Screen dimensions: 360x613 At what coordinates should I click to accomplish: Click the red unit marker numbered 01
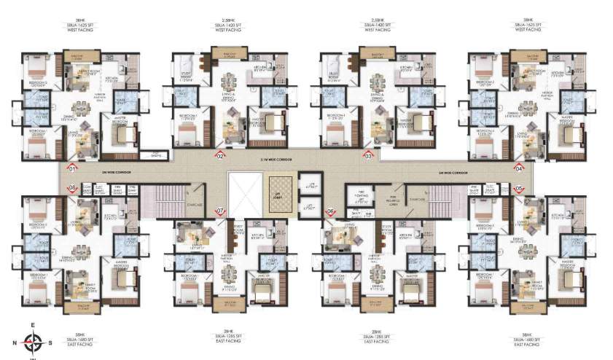[x=71, y=168]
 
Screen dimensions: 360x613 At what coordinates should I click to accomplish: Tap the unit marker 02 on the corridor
[x=219, y=155]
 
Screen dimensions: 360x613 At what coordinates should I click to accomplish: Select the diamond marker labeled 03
[x=368, y=155]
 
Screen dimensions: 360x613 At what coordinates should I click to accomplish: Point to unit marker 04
[x=519, y=168]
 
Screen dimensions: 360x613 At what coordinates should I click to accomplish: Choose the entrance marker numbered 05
[x=519, y=188]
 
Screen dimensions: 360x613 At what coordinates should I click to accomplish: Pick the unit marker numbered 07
[x=219, y=211]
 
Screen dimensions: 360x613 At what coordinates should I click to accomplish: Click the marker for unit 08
[x=71, y=188]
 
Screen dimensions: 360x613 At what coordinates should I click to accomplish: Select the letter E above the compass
[x=32, y=326]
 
